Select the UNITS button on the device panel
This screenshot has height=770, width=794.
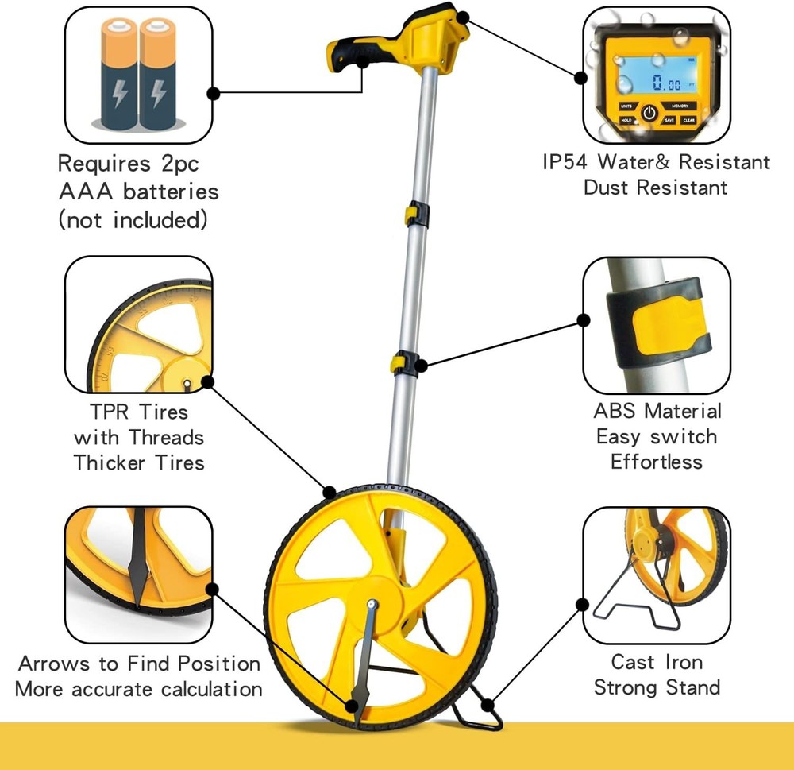pyautogui.click(x=626, y=106)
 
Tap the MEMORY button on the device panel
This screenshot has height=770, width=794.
pyautogui.click(x=680, y=106)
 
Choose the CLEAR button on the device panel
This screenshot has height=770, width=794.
pyautogui.click(x=688, y=120)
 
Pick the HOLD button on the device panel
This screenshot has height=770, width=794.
pyautogui.click(x=626, y=120)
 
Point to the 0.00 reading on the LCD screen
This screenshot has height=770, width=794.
pyautogui.click(x=665, y=83)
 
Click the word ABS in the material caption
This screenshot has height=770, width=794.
pyautogui.click(x=616, y=412)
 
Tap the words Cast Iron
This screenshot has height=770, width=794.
pyautogui.click(x=657, y=662)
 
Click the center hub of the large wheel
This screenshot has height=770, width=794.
pyautogui.click(x=372, y=604)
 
